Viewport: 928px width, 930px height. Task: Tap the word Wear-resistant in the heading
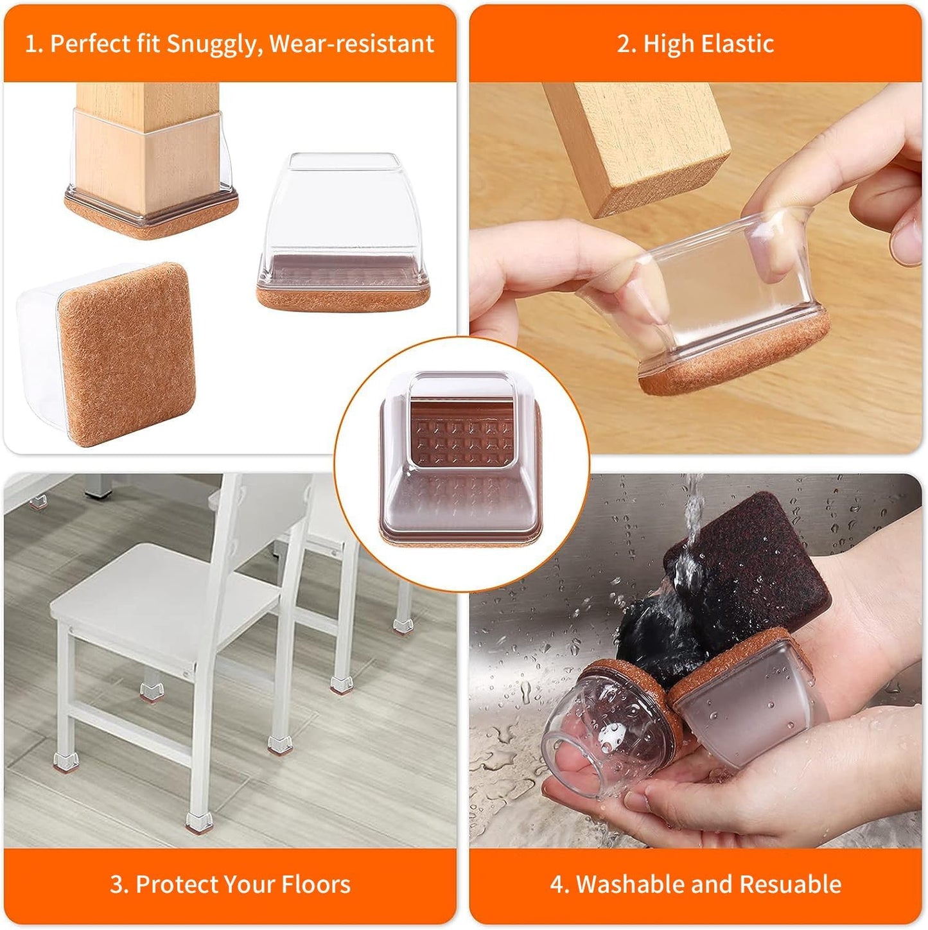[352, 44]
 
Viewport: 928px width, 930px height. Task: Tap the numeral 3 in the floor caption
[117, 884]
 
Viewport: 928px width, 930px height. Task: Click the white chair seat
[161, 591]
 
